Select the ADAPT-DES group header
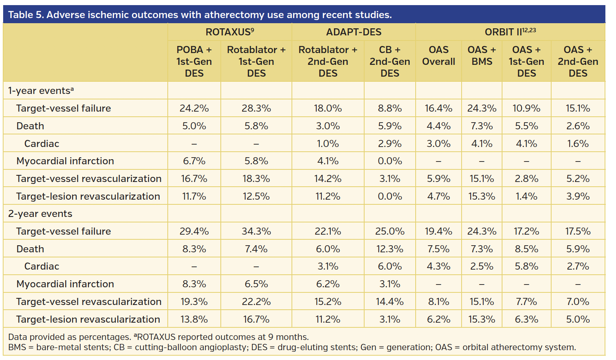[x=354, y=32]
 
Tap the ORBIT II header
[x=510, y=32]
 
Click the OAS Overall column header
[x=438, y=56]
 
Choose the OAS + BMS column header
[x=482, y=56]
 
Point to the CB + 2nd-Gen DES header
[x=390, y=61]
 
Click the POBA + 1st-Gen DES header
[x=194, y=61]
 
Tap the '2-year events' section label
[x=40, y=214]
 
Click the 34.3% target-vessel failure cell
[x=256, y=231]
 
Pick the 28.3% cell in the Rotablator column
[x=256, y=108]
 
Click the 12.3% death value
[x=390, y=249]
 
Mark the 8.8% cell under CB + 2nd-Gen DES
[x=390, y=108]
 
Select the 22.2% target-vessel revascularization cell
[x=256, y=302]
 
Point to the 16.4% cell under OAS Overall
[x=438, y=108]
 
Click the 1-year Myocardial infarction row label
[x=65, y=161]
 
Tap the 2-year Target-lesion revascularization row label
[x=88, y=320]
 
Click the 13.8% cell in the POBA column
[x=194, y=320]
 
